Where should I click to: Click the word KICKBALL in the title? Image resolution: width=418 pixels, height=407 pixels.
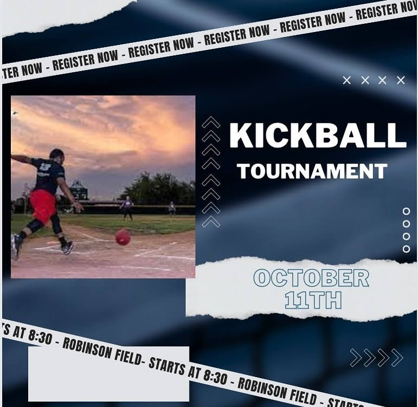pyautogui.click(x=318, y=135)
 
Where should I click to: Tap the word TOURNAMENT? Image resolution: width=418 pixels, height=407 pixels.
pyautogui.click(x=312, y=171)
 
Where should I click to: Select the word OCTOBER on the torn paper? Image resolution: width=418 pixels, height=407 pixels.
pyautogui.click(x=311, y=278)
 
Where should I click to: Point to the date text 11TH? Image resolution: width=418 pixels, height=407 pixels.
pyautogui.click(x=313, y=300)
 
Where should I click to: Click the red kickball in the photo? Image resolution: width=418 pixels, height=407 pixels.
pyautogui.click(x=123, y=237)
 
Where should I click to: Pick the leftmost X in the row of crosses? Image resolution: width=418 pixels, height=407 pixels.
pyautogui.click(x=346, y=80)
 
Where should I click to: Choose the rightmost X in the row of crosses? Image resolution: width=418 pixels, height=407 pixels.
pyautogui.click(x=401, y=80)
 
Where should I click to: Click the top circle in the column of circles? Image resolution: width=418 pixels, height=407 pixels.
pyautogui.click(x=406, y=211)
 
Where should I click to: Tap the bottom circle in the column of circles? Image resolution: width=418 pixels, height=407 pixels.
pyautogui.click(x=406, y=249)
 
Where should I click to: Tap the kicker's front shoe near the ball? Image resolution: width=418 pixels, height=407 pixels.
pyautogui.click(x=67, y=248)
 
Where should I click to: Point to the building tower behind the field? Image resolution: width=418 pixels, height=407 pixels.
pyautogui.click(x=79, y=190)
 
